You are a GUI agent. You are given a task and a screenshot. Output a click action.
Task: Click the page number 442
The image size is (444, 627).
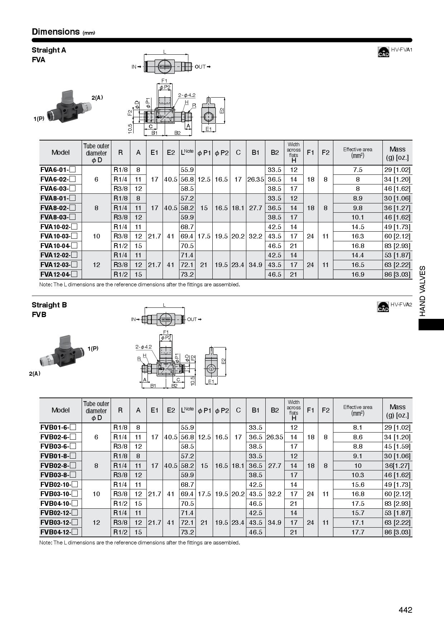[405, 610]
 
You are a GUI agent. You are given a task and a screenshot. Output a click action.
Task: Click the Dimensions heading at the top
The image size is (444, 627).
[56, 32]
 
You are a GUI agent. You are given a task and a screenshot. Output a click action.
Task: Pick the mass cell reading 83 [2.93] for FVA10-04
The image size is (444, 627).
[397, 246]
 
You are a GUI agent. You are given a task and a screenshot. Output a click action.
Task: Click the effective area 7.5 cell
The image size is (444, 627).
[357, 170]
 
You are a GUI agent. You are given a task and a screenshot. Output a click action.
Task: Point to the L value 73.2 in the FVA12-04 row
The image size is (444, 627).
[187, 275]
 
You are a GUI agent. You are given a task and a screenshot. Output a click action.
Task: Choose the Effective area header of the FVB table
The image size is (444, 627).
[357, 410]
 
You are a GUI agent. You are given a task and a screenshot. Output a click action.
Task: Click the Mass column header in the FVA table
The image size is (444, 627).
[397, 153]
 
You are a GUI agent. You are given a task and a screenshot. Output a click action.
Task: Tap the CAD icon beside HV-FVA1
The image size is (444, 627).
[383, 52]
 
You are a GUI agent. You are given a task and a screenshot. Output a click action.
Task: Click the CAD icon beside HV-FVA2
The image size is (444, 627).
[383, 307]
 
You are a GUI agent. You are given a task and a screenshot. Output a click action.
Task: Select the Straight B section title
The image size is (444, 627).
[49, 305]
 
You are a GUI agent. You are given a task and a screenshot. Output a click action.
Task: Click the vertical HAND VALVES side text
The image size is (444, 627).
[423, 291]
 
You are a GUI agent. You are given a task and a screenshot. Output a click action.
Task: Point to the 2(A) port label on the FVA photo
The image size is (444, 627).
[97, 98]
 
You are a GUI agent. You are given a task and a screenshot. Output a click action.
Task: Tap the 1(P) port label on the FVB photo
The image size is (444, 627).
[93, 349]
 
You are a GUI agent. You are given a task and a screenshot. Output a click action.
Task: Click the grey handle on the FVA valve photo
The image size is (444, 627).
[68, 96]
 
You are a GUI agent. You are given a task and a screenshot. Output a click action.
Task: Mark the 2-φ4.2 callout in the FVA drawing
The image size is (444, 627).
[187, 95]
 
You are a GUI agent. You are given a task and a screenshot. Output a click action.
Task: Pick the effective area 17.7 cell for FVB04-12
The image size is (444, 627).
[357, 532]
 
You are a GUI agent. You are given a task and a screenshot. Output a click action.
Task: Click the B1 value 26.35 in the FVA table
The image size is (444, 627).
[255, 179]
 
